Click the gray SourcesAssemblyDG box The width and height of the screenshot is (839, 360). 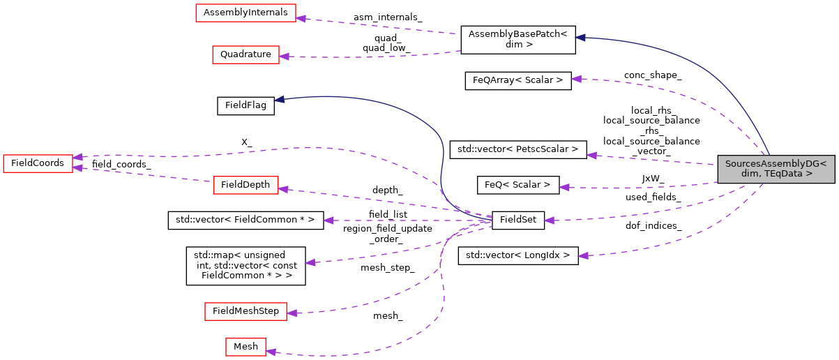[x=776, y=169]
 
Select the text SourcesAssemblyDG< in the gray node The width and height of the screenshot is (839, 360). [x=776, y=164]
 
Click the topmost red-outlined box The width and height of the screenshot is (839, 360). [x=245, y=13]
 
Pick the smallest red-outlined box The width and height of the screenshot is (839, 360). [x=245, y=347]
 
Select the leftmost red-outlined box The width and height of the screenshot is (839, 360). [x=38, y=164]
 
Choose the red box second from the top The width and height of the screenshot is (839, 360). [x=245, y=55]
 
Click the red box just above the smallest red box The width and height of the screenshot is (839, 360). [x=245, y=312]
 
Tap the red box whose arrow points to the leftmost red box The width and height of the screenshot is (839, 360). [x=245, y=186]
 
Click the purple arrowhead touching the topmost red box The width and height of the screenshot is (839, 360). [x=301, y=17]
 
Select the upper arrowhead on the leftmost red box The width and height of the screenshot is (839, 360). [x=78, y=157]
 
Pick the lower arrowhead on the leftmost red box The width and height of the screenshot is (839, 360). [x=78, y=168]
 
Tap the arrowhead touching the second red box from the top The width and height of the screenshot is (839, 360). [x=285, y=57]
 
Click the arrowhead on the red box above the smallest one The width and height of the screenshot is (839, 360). [x=292, y=313]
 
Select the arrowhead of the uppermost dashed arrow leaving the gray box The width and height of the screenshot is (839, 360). [x=576, y=79]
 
